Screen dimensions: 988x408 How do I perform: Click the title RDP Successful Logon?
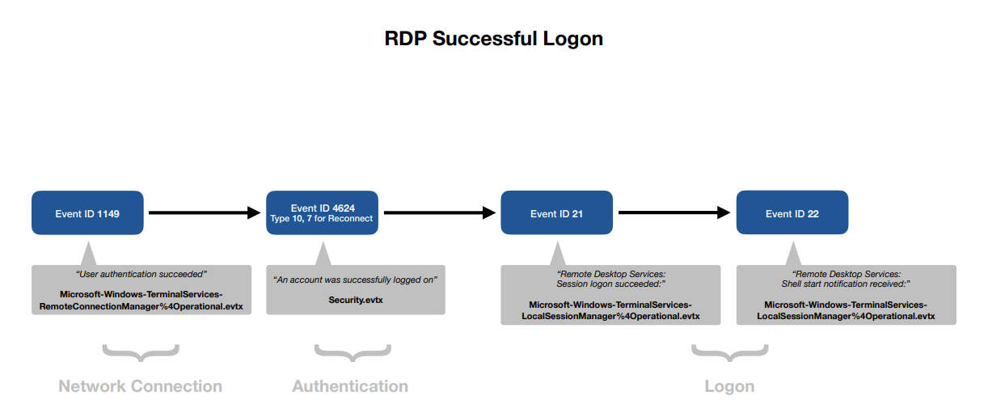[493, 39]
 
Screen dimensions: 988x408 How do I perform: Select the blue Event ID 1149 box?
[87, 212]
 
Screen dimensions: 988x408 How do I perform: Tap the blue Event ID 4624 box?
[322, 212]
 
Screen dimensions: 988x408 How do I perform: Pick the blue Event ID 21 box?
[556, 212]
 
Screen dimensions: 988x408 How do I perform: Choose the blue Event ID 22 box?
[792, 212]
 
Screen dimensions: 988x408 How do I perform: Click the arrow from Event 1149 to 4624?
[205, 212]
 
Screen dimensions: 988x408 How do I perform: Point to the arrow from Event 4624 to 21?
[440, 212]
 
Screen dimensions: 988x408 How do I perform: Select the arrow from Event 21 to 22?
[674, 212]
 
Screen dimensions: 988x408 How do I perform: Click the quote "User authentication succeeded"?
[141, 274]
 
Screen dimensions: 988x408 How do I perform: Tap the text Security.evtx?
[356, 300]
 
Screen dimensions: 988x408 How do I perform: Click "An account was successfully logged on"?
[355, 280]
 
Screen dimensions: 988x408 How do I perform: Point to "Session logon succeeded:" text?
[611, 284]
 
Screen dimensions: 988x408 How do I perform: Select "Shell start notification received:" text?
[846, 284]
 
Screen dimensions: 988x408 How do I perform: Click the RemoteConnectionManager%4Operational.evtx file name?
[141, 306]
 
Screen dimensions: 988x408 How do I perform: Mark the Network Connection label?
[140, 386]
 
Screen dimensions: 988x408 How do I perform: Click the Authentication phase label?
[350, 386]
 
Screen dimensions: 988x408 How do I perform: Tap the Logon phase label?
[729, 386]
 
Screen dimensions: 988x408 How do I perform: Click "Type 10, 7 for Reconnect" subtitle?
[322, 218]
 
